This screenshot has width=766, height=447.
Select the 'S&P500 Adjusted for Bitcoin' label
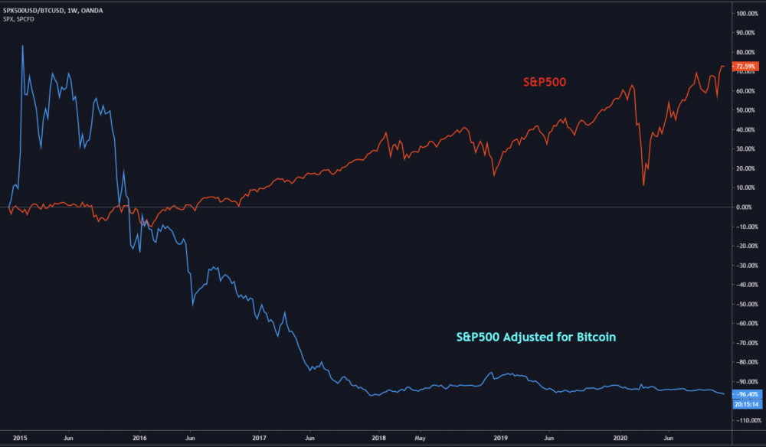click(x=536, y=335)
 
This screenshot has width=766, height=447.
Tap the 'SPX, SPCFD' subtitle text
click(x=25, y=18)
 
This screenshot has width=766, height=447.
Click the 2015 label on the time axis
click(x=21, y=439)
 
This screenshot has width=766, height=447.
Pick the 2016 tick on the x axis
click(x=139, y=439)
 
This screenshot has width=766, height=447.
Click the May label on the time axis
click(x=419, y=439)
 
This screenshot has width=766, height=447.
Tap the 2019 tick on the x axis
click(x=500, y=439)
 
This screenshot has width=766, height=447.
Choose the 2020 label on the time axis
click(x=620, y=439)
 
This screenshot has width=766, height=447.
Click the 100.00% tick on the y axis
click(x=746, y=14)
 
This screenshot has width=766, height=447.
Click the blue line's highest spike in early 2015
click(x=22, y=46)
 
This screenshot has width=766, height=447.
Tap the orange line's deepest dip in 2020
click(x=643, y=185)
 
